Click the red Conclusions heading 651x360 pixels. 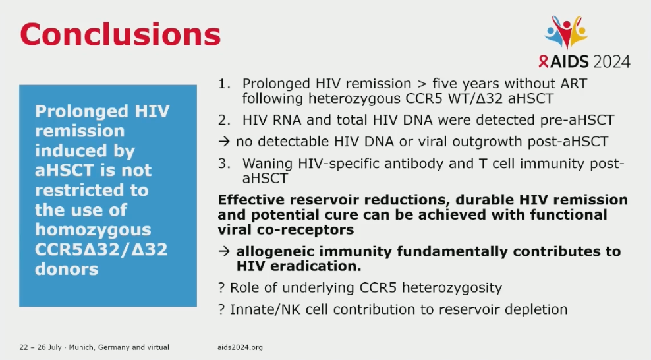(x=121, y=34)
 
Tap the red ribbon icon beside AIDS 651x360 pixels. (x=543, y=61)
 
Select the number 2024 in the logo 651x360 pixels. (x=611, y=62)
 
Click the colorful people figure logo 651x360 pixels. (x=566, y=32)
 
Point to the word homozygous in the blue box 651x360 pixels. (x=93, y=229)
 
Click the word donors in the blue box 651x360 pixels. (x=67, y=269)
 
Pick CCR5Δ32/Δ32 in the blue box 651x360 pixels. (x=101, y=249)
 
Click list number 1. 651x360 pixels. (x=224, y=84)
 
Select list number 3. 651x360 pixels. (x=224, y=164)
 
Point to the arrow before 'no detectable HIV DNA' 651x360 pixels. (x=224, y=142)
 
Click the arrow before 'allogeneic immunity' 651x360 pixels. (x=224, y=251)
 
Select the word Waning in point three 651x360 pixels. (x=268, y=164)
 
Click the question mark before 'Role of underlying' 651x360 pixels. (x=221, y=287)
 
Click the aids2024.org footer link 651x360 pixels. (x=240, y=347)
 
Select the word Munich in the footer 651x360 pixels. (x=82, y=347)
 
